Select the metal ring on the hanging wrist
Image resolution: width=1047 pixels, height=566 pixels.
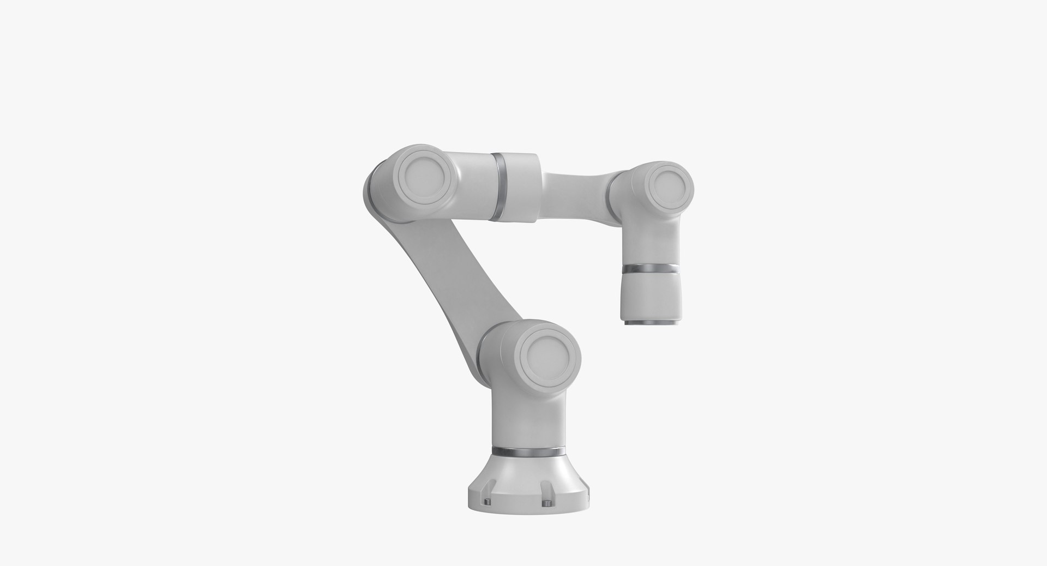pyautogui.click(x=651, y=269)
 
